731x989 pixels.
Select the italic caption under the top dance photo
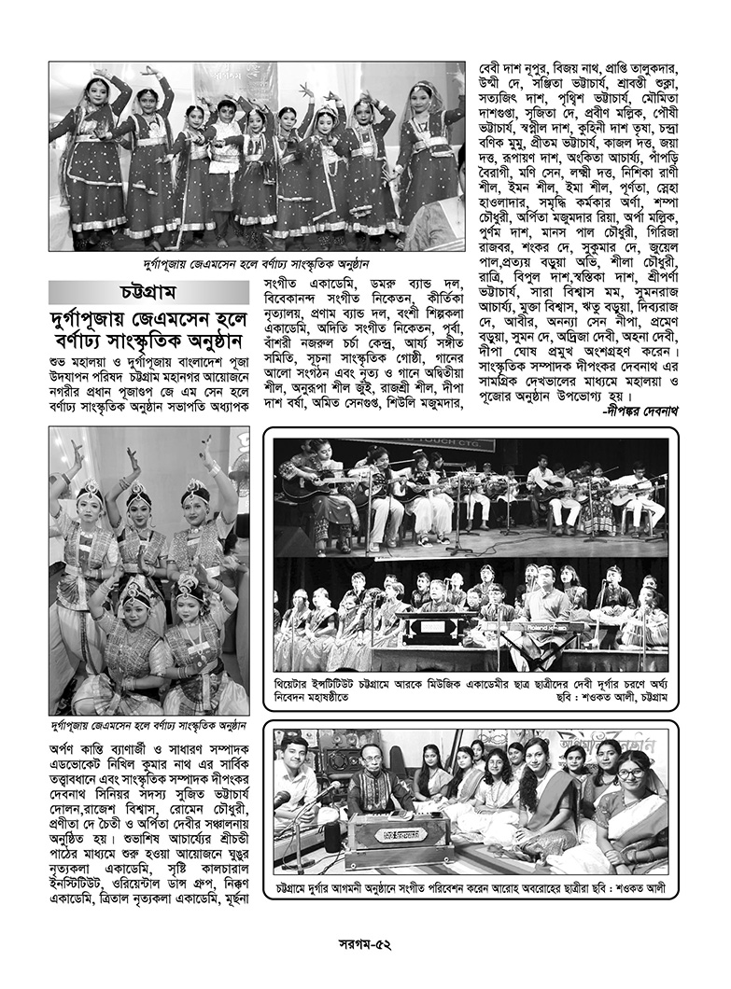point(258,265)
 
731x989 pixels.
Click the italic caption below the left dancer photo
point(149,725)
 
